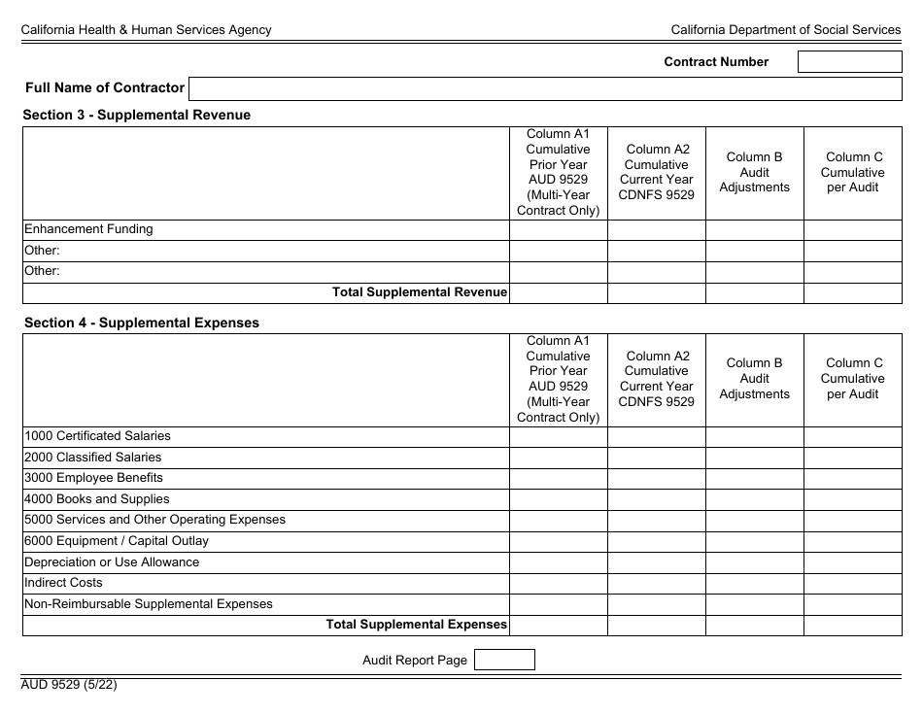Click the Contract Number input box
point(849,62)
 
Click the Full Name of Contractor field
point(544,89)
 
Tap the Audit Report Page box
point(503,661)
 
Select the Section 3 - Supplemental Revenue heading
point(136,115)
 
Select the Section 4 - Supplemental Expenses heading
point(141,323)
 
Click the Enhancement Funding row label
point(88,230)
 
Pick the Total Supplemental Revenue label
point(420,292)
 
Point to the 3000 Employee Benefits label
point(93,478)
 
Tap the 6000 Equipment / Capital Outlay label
point(117,541)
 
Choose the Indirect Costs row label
point(63,583)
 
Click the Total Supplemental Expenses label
point(416,625)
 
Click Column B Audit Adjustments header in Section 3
point(754,172)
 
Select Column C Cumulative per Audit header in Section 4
point(852,379)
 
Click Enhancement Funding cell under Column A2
point(656,230)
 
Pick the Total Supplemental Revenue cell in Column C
point(852,293)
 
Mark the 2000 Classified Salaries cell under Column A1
point(558,458)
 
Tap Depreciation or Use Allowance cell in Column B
point(754,562)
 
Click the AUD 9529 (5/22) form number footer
point(70,684)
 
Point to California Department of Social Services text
point(785,30)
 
